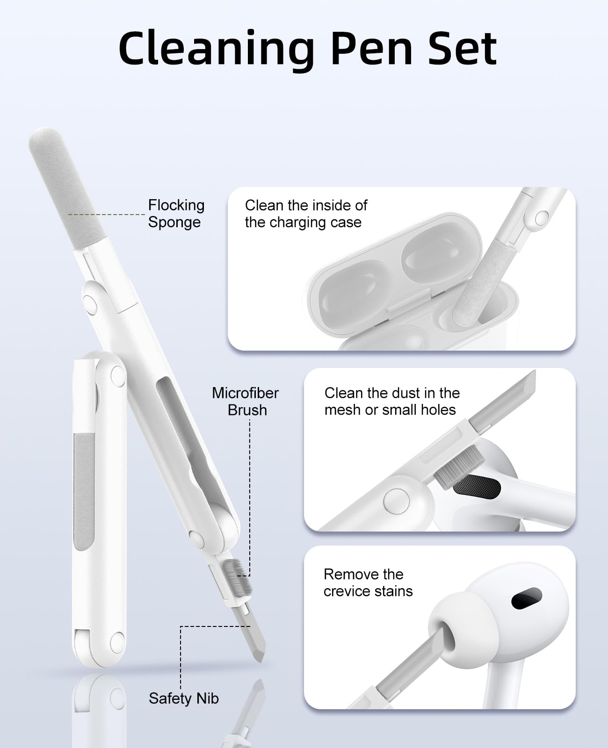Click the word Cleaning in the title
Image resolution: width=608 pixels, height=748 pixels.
click(217, 49)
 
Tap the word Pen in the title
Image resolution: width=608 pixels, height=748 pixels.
click(372, 49)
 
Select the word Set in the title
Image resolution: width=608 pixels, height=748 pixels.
click(463, 49)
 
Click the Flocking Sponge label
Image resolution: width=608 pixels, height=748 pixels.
click(176, 214)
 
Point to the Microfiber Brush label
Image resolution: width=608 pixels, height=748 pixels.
click(245, 402)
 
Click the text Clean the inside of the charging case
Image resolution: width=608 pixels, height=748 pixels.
click(306, 214)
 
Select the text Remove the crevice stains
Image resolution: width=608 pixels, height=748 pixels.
click(368, 583)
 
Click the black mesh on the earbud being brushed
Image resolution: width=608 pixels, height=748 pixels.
click(477, 486)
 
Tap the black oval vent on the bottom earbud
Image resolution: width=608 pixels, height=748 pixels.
click(527, 598)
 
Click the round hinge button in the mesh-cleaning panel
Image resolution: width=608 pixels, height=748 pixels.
click(397, 502)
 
